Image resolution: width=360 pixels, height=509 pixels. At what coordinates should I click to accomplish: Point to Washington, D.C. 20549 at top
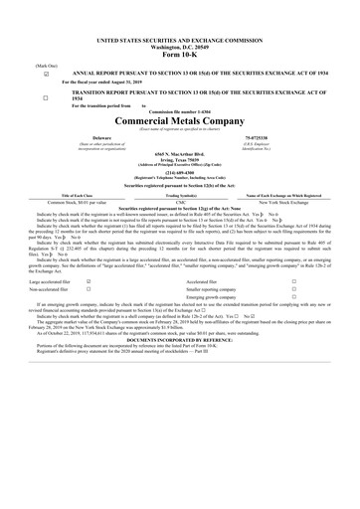[180, 46]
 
